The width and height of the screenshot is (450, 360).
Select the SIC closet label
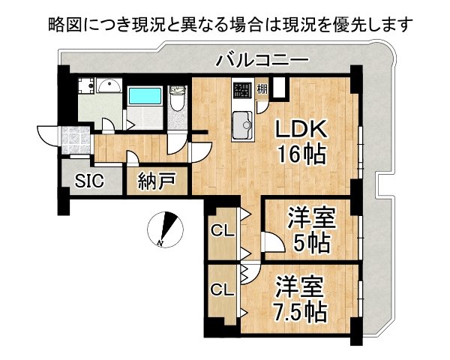(89, 181)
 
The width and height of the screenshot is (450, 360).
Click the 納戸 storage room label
(156, 181)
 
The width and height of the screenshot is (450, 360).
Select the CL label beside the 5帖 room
(220, 229)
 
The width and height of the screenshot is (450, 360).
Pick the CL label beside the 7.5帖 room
(220, 289)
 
